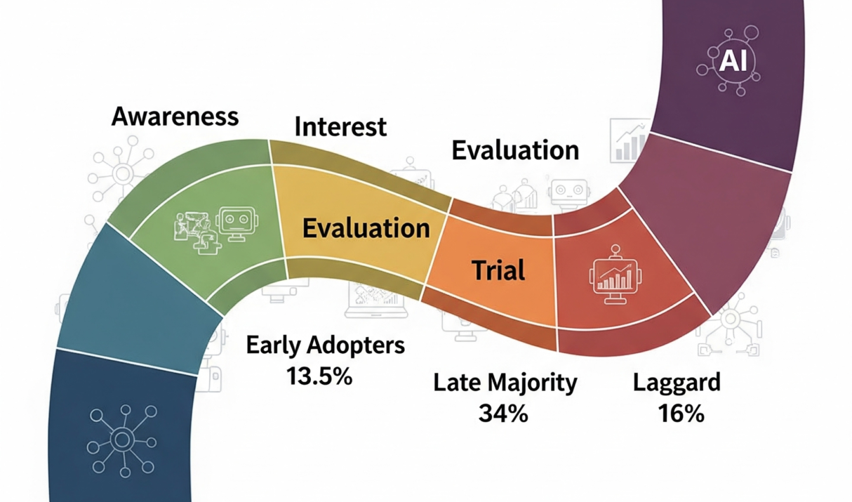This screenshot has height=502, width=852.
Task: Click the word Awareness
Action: (175, 116)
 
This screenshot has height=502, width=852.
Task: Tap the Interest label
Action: (340, 127)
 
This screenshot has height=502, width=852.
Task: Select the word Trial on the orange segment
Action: (498, 270)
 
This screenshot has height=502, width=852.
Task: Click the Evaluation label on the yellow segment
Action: (366, 228)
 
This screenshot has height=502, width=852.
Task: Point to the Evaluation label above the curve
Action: (515, 150)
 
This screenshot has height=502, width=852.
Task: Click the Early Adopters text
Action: (326, 345)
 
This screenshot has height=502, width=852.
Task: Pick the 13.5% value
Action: (319, 376)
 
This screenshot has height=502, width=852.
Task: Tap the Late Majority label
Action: (505, 383)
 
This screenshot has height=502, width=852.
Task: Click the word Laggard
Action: (677, 383)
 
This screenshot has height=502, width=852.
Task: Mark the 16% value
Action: (681, 414)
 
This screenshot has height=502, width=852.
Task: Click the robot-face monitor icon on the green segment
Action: (234, 223)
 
